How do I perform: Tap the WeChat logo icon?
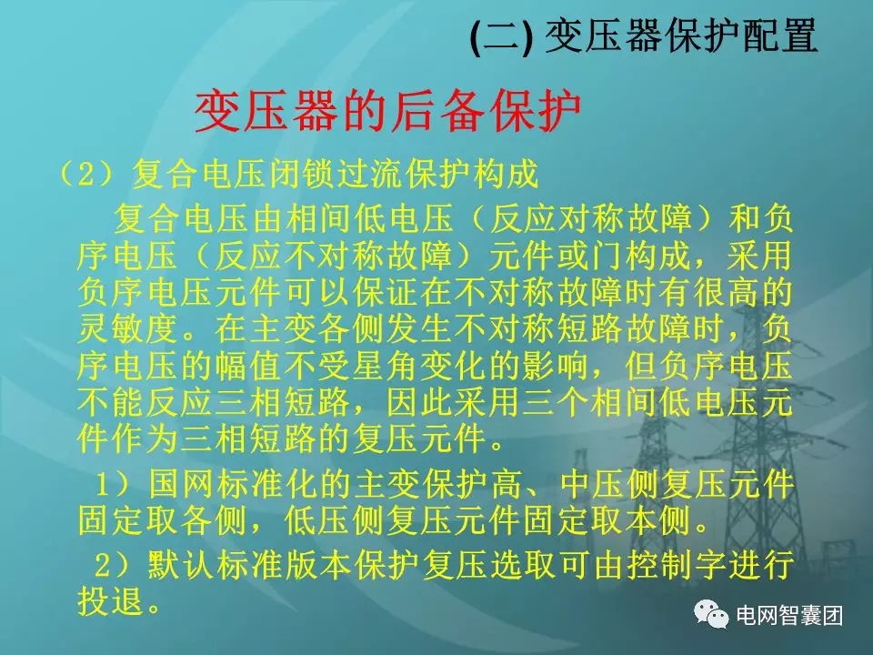click(x=711, y=616)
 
